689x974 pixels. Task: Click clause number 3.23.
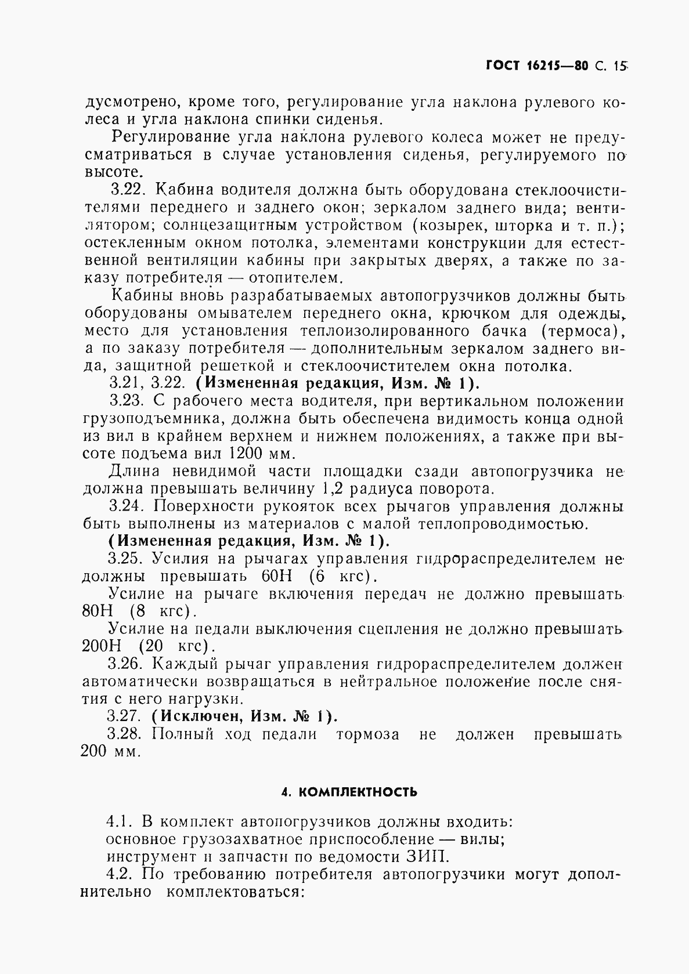tap(127, 401)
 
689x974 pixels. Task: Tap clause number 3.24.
tap(127, 506)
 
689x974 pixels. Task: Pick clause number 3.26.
tap(127, 664)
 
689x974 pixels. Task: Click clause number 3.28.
tap(125, 734)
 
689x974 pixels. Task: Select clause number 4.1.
tap(121, 822)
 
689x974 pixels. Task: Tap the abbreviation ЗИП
tap(430, 857)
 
